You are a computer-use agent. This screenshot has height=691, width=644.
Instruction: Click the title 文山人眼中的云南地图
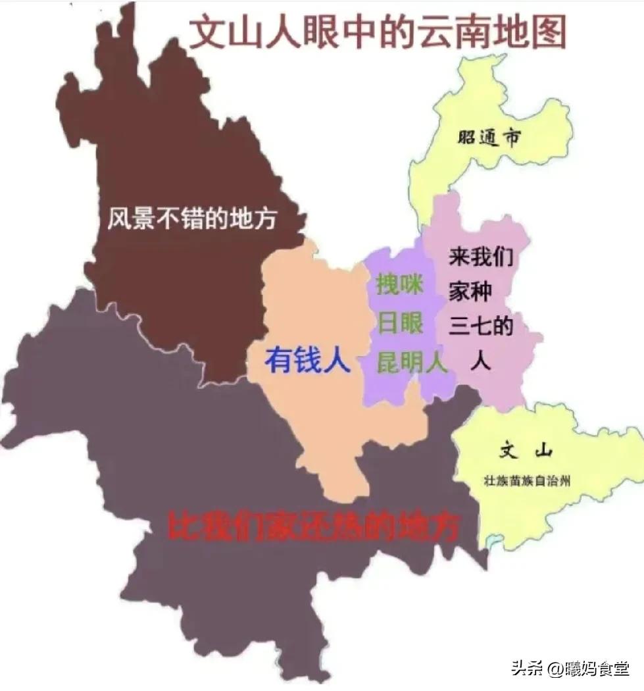tap(377, 32)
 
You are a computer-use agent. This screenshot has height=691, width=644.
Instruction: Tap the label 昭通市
tap(488, 138)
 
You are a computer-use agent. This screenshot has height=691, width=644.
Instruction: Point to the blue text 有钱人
tap(307, 360)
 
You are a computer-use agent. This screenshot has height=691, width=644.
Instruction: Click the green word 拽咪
tap(399, 285)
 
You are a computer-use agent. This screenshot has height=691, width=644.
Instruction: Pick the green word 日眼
tap(399, 324)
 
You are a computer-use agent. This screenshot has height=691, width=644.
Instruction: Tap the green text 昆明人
tap(412, 362)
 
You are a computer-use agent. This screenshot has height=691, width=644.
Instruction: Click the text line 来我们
tap(481, 257)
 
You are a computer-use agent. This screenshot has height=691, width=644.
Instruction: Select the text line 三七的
tap(481, 327)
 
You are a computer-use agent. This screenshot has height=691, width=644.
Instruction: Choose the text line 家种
tap(470, 292)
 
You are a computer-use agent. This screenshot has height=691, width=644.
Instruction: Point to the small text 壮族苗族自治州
tap(526, 481)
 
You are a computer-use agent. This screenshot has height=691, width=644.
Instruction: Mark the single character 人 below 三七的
tap(481, 361)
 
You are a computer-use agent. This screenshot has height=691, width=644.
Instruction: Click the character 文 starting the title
tap(207, 33)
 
